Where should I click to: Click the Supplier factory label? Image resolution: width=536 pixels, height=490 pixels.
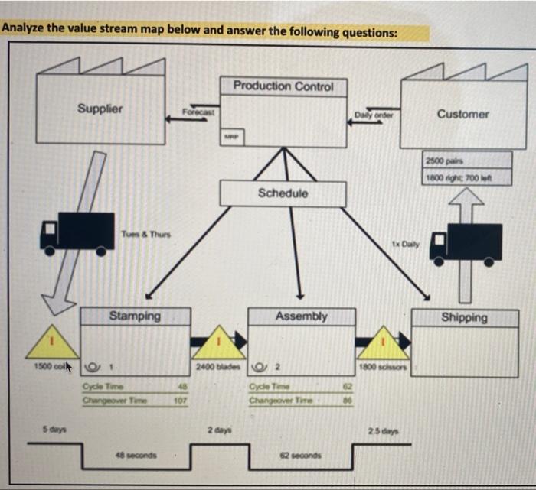[100, 109]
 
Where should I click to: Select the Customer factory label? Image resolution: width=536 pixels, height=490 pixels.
[462, 114]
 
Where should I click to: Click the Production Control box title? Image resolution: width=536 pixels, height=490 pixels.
[283, 86]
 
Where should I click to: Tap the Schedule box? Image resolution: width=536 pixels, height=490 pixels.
[283, 193]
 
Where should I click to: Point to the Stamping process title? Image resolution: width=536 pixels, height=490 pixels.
[135, 316]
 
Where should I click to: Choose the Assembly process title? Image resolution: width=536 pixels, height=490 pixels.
[301, 316]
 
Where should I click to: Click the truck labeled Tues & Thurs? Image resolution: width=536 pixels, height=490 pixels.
[78, 231]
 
